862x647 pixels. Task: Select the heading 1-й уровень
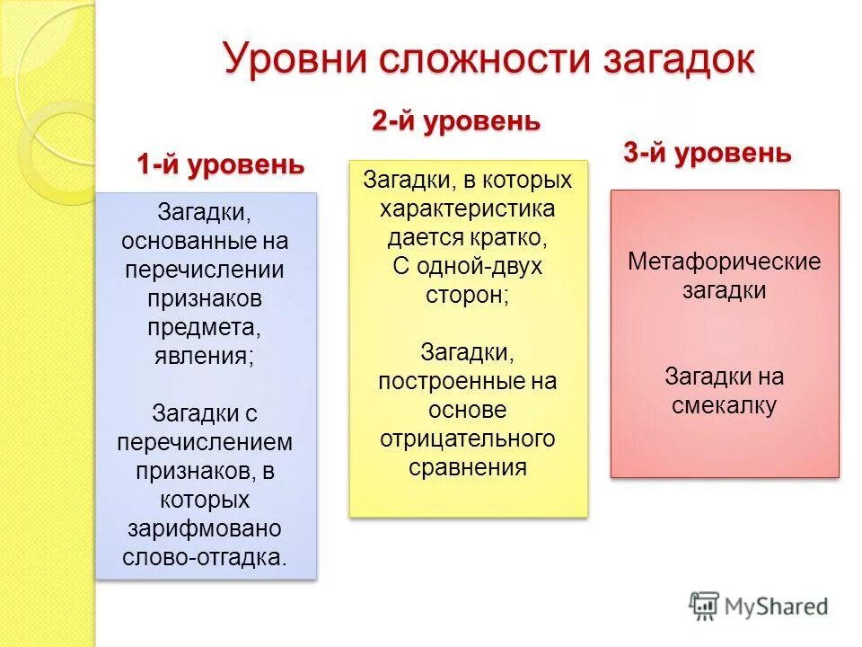click(220, 164)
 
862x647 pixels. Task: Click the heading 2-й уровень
click(456, 121)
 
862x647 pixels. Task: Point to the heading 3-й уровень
click(708, 153)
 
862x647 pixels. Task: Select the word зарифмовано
click(206, 527)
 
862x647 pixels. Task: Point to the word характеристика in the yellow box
click(467, 209)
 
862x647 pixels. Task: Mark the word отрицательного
click(467, 439)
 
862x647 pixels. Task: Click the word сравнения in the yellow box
click(467, 467)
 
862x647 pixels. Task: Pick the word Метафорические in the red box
click(724, 262)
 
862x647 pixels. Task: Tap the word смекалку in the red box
click(724, 405)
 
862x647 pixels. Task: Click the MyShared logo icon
click(704, 606)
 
